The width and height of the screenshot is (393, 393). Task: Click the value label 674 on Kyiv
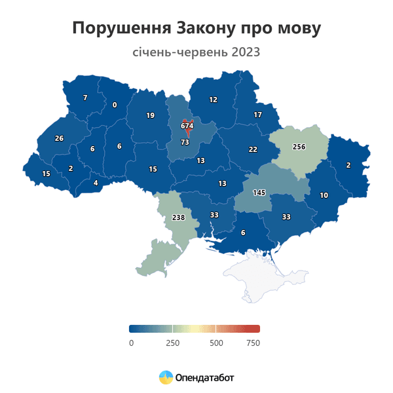tap(187, 126)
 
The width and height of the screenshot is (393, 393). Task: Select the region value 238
tap(178, 217)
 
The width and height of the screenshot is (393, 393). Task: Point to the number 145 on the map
tap(259, 193)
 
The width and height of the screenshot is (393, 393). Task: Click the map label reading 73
tap(185, 142)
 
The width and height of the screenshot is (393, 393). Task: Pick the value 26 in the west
tap(59, 138)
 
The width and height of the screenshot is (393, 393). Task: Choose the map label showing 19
tap(150, 116)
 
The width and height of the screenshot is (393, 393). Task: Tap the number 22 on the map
tap(253, 149)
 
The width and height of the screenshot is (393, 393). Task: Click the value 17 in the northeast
tap(257, 115)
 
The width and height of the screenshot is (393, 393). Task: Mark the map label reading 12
tap(213, 100)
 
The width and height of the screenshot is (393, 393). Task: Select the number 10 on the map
tap(324, 195)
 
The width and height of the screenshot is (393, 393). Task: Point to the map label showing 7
tap(85, 98)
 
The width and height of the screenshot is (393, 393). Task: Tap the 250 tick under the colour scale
tap(172, 343)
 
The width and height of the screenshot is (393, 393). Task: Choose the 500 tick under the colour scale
tap(216, 343)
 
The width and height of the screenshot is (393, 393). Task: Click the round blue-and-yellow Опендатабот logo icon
tap(166, 377)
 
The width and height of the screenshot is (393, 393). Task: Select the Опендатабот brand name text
tap(204, 378)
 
